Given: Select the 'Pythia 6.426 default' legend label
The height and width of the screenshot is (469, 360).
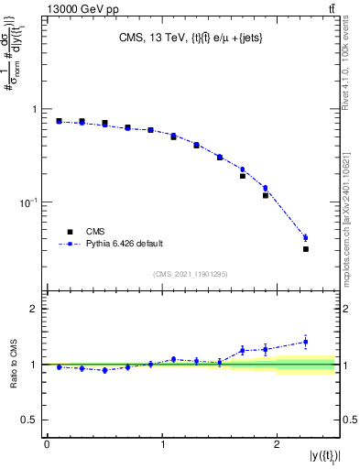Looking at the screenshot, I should click(125, 244).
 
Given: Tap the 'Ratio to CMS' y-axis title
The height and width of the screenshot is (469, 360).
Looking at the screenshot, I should click(15, 364).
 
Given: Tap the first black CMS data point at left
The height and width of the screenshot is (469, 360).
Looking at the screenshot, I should click(59, 121).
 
